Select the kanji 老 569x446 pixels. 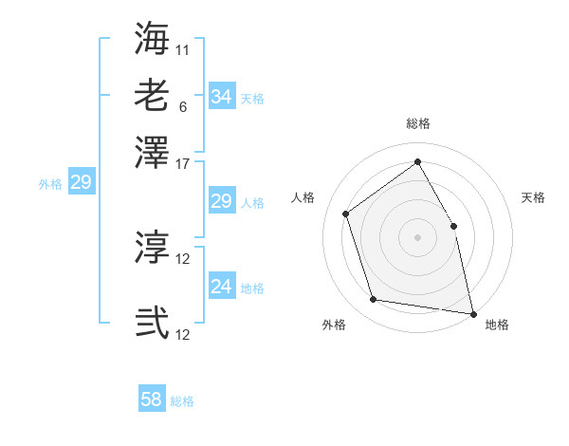(x=152, y=96)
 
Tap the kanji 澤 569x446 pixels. (x=152, y=153)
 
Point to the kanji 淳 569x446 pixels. (x=152, y=248)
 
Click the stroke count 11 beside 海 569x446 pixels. (x=183, y=48)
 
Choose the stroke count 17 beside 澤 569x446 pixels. (x=183, y=163)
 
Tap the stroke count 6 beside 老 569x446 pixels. (x=183, y=106)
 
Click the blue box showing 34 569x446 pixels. (x=221, y=97)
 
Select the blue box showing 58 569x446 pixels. (x=152, y=400)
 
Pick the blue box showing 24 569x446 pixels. (x=221, y=287)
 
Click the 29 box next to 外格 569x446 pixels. (x=81, y=182)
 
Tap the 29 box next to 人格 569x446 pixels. (x=221, y=201)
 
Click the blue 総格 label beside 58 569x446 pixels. (x=182, y=401)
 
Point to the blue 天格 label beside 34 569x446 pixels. (x=252, y=99)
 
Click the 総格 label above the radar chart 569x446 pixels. (x=417, y=123)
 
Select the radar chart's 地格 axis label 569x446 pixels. (x=497, y=325)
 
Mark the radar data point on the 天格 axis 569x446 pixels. (x=453, y=226)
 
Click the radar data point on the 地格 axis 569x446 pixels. (x=472, y=313)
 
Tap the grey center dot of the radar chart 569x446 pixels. (x=417, y=237)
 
